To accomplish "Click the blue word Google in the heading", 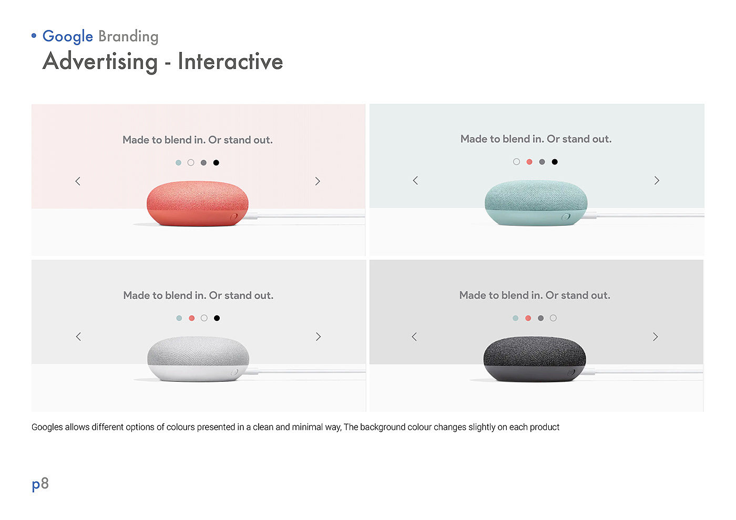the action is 68,37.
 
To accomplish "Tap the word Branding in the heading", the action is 128,37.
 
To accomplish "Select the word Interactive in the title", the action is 230,61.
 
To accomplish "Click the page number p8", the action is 40,484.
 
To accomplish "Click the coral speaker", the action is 198,204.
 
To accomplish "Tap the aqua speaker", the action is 536,203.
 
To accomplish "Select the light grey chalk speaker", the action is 198,359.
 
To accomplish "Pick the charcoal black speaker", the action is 535,359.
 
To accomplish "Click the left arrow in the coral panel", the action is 78,181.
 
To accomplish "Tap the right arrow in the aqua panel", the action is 657,181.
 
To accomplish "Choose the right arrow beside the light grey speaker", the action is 318,337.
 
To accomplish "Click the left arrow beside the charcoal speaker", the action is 414,337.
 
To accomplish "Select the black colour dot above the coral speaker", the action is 216,162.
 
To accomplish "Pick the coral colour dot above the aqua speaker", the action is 529,162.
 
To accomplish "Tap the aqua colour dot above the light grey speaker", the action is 179,318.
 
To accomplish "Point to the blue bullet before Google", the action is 34,36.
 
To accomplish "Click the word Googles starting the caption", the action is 47,428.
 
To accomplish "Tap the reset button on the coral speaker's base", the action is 234,216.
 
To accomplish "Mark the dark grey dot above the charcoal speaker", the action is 541,318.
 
